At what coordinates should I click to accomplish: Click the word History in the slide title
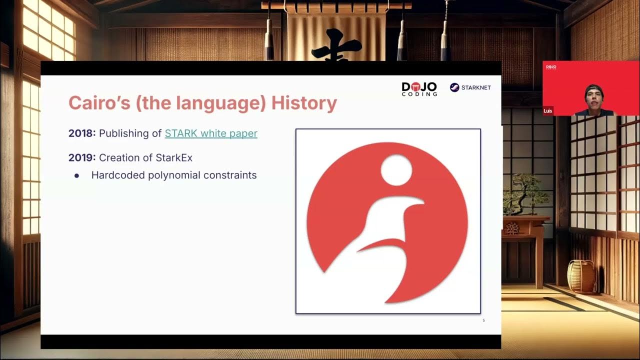click(x=304, y=103)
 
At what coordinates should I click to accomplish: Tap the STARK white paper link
click(x=211, y=133)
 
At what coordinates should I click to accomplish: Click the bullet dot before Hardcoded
click(x=76, y=176)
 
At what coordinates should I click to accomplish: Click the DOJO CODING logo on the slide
click(x=419, y=88)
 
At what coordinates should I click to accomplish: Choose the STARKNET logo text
click(x=476, y=87)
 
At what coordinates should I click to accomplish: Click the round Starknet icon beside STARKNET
click(x=454, y=87)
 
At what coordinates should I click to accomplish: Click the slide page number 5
click(x=483, y=320)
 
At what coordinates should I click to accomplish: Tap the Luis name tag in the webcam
click(x=548, y=110)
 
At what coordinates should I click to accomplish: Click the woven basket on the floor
click(x=581, y=275)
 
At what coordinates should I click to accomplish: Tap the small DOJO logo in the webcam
click(x=551, y=67)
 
